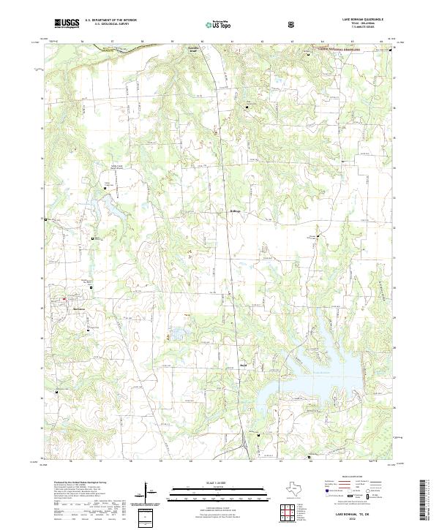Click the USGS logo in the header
pos(67,23)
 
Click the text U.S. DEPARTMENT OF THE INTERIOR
pos(109,20)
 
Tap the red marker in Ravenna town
pos(65,299)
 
